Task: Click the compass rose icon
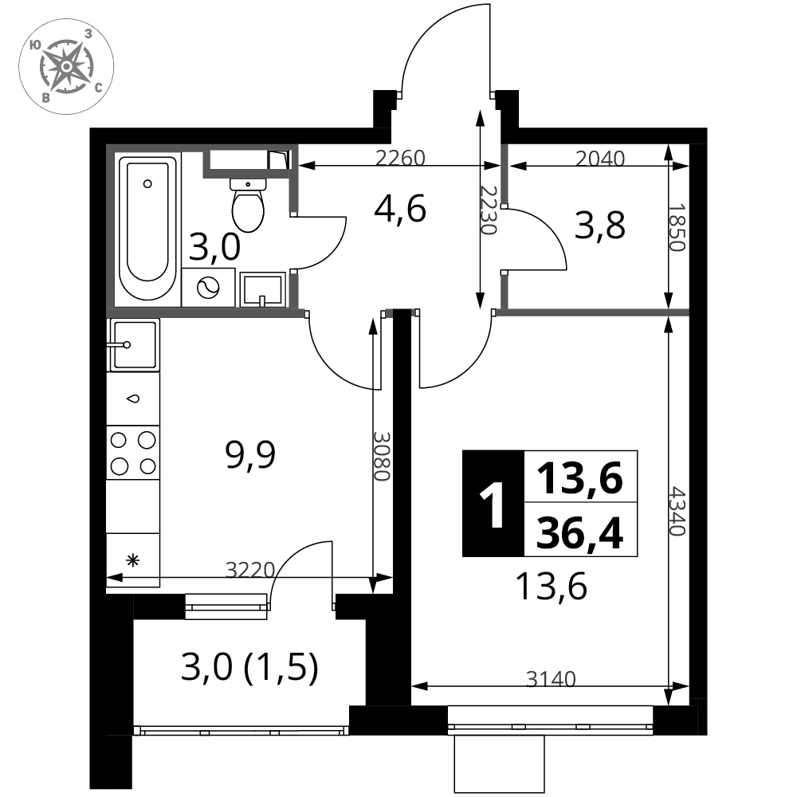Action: (66, 67)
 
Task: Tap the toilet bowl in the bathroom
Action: (248, 205)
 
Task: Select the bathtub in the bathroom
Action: (147, 228)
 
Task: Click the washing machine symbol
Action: (208, 288)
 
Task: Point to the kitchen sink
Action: (134, 344)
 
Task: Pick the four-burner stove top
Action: (133, 453)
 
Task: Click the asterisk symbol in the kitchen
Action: (133, 560)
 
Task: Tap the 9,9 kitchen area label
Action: (250, 454)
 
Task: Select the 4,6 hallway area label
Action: (399, 208)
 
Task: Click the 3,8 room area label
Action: (600, 226)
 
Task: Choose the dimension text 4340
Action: (678, 512)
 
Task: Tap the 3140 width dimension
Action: (551, 678)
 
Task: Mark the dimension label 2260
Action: (400, 158)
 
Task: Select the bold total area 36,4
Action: (579, 533)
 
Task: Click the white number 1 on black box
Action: (492, 505)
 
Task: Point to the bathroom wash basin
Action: (263, 290)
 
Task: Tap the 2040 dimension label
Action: (600, 158)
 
